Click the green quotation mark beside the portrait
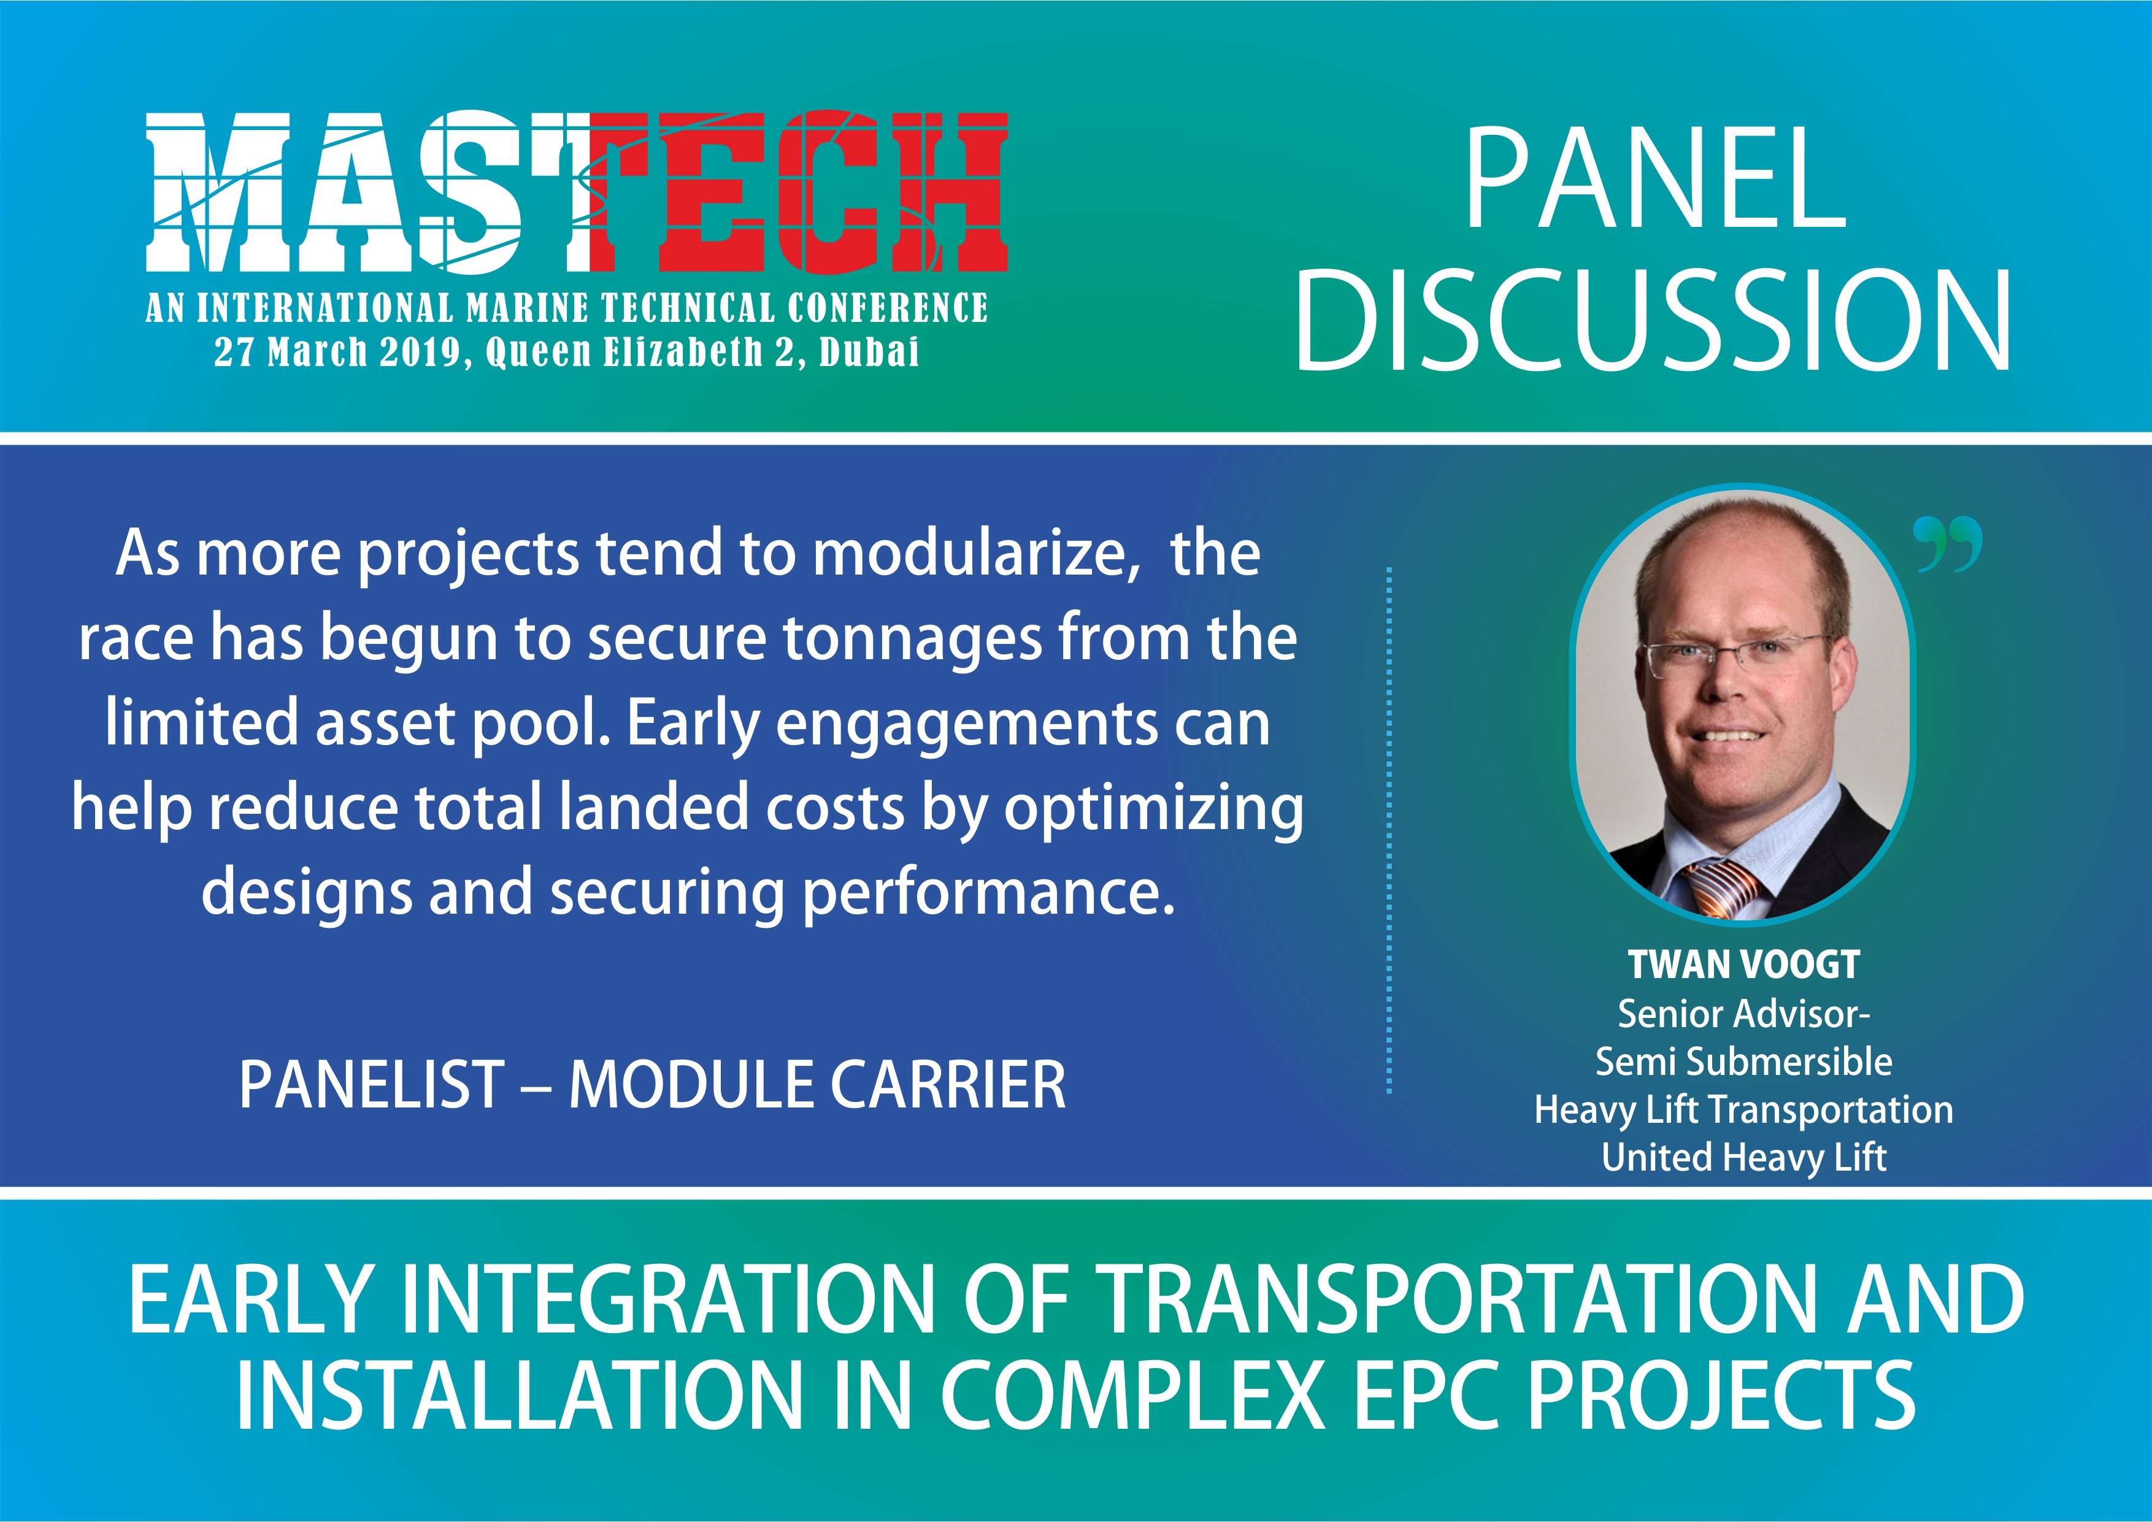[1948, 543]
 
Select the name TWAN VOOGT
[1743, 965]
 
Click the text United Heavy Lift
[1743, 1157]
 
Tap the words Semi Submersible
[1743, 1062]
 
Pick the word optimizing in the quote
[1154, 809]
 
